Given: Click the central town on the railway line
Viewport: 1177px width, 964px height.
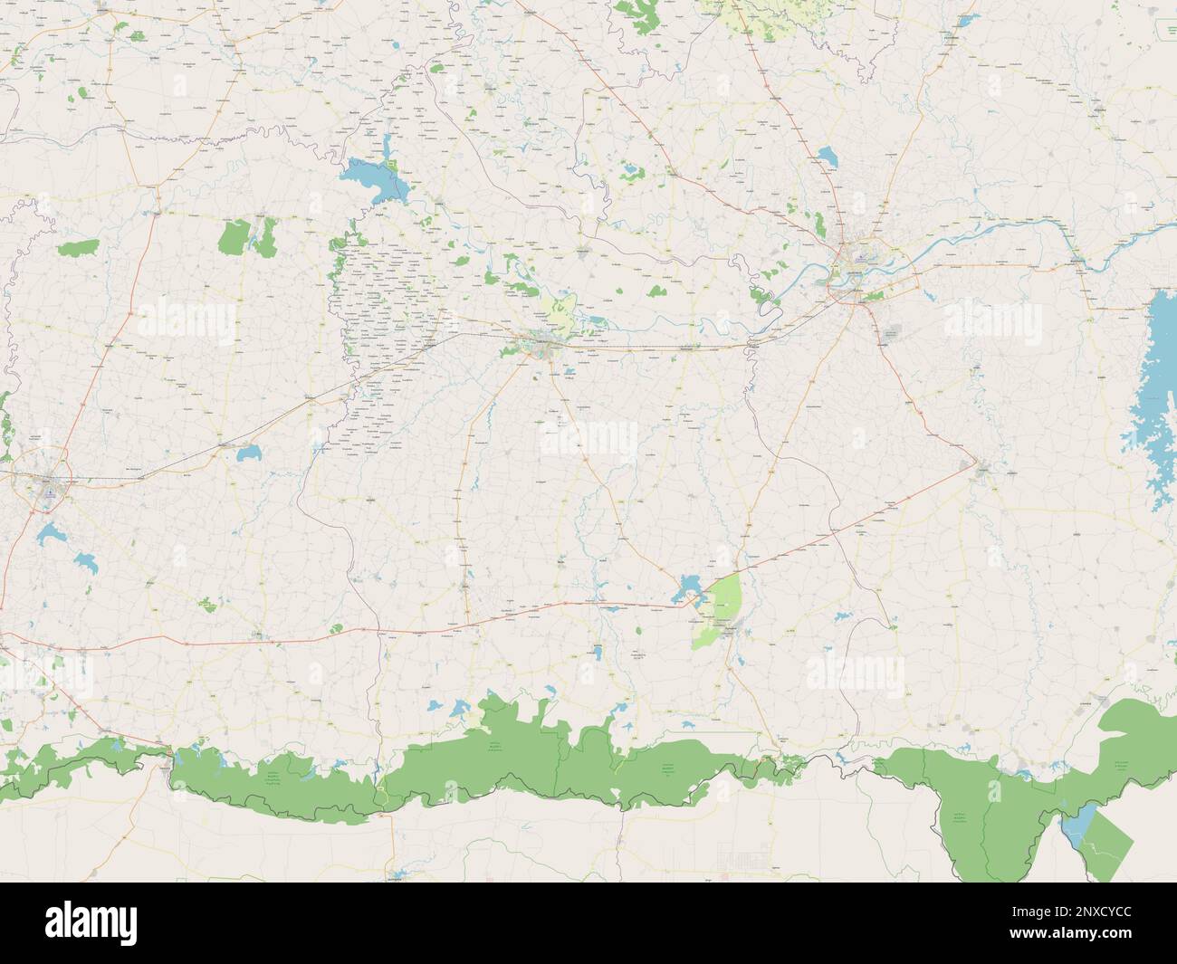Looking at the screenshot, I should click(x=543, y=343).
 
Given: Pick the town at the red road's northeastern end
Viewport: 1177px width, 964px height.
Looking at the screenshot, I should click(x=982, y=468).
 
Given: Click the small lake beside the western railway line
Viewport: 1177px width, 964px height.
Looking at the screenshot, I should click(x=244, y=449).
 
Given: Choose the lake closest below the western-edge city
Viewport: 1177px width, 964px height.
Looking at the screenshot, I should click(x=47, y=535).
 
